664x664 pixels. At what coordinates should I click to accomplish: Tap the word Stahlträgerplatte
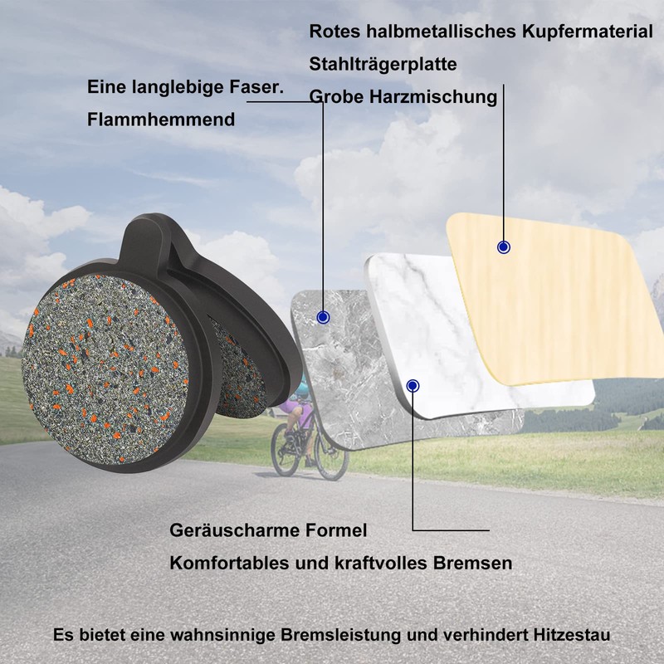[x=383, y=65]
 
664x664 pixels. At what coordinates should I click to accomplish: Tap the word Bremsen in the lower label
[x=473, y=563]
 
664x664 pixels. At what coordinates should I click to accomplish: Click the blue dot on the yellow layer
[x=503, y=247]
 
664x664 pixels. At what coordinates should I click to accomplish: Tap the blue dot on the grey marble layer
[x=324, y=317]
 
